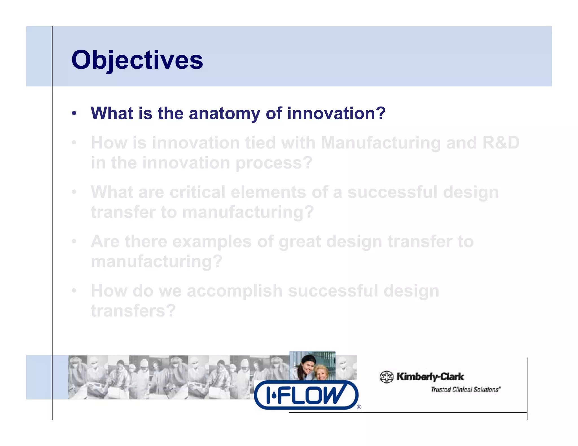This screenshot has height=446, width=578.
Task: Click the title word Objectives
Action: tap(137, 60)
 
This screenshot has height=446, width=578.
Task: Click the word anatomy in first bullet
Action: tap(224, 113)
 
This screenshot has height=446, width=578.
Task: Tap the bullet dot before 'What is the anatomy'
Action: tap(74, 113)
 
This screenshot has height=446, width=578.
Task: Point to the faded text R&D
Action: tap(501, 143)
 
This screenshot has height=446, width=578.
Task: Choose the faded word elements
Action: tap(268, 192)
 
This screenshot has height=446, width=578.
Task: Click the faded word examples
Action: tap(212, 242)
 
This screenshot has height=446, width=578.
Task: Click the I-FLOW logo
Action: tap(306, 395)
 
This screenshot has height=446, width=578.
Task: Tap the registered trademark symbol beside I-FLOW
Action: tap(359, 407)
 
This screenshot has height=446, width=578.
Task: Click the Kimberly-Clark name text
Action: tap(430, 377)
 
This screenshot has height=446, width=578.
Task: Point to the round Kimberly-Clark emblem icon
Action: tap(386, 377)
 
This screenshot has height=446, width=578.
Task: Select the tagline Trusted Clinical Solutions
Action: tap(465, 390)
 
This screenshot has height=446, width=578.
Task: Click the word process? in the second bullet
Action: tap(274, 163)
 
